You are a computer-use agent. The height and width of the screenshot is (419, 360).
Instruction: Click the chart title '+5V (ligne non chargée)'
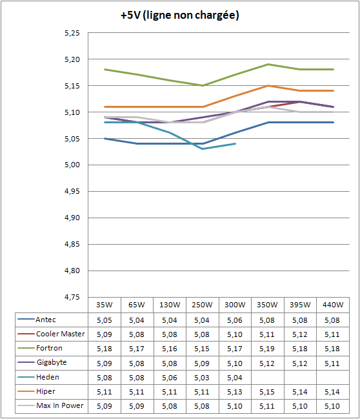[x=180, y=15]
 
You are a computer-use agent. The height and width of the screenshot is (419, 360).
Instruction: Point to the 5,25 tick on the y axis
[x=72, y=33]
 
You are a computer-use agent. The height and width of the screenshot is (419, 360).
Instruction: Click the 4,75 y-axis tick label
[x=72, y=297]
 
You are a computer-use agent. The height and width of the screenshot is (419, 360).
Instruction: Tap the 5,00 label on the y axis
[x=72, y=165]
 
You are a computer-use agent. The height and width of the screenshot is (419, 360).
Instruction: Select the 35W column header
[x=105, y=305]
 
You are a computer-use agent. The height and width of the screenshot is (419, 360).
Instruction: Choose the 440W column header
[x=333, y=305]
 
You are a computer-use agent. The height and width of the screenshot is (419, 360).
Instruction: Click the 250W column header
[x=202, y=305]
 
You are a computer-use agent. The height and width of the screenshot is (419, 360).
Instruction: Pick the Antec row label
[x=46, y=320]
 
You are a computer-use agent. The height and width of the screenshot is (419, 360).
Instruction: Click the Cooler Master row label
[x=61, y=334]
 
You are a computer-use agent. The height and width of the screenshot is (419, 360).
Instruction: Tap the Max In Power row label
[x=60, y=405]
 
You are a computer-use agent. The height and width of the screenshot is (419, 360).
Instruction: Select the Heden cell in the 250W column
[x=202, y=378]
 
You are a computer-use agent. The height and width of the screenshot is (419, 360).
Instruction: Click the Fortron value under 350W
[x=267, y=349]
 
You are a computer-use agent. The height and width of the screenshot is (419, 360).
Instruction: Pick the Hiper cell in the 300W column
[x=235, y=392]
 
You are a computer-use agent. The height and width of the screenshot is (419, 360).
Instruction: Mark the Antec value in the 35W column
[x=105, y=320]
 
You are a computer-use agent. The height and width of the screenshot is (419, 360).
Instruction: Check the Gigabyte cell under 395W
[x=300, y=363]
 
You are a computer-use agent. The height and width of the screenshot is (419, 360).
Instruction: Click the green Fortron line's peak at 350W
[x=268, y=64]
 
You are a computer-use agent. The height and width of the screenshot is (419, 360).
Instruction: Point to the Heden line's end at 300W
[x=235, y=144]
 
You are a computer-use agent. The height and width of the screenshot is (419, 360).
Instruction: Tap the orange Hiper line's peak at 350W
[x=268, y=85]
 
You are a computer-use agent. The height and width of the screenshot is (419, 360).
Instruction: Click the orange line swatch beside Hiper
[x=26, y=391]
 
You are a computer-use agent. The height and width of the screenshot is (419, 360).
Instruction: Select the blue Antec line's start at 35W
[x=105, y=138]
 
